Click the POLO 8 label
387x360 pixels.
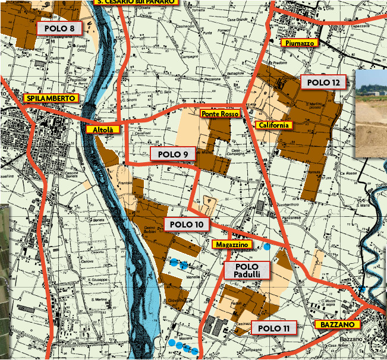click(59, 28)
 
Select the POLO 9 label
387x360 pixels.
click(173, 154)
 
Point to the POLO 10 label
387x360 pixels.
click(187, 225)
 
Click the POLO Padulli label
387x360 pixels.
click(247, 270)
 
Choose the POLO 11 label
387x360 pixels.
click(273, 328)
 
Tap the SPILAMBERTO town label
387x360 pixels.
click(51, 98)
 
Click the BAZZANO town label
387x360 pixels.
click(337, 325)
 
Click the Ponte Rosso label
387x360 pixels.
click(220, 113)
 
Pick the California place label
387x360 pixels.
click(273, 125)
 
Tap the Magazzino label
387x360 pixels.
click(232, 244)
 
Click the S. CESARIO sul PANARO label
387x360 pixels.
click(136, 2)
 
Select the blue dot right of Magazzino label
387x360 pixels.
click(268, 246)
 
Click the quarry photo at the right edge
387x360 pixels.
click(371, 113)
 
